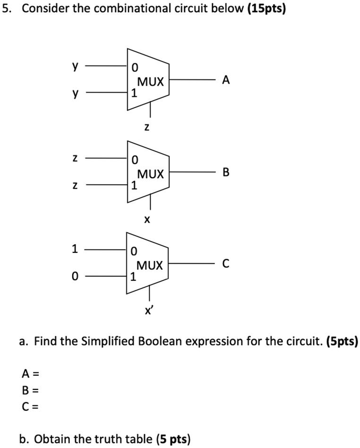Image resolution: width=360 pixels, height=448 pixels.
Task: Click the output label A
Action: pos(226,81)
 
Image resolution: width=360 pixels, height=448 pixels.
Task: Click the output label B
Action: pos(226,173)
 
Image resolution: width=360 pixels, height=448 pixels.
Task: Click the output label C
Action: pos(226,264)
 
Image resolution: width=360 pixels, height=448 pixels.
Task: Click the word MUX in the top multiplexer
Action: pos(151,82)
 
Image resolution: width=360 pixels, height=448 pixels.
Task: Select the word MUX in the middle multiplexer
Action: pos(151,174)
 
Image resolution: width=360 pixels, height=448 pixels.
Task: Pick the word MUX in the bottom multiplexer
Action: pos(151,266)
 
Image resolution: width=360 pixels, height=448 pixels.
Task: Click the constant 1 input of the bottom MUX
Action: pos(74,249)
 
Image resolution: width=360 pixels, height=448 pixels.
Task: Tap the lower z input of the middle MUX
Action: pos(74,186)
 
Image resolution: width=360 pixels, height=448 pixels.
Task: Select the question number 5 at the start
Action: pos(6,9)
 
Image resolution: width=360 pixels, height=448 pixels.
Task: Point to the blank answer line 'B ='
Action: pos(29,390)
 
